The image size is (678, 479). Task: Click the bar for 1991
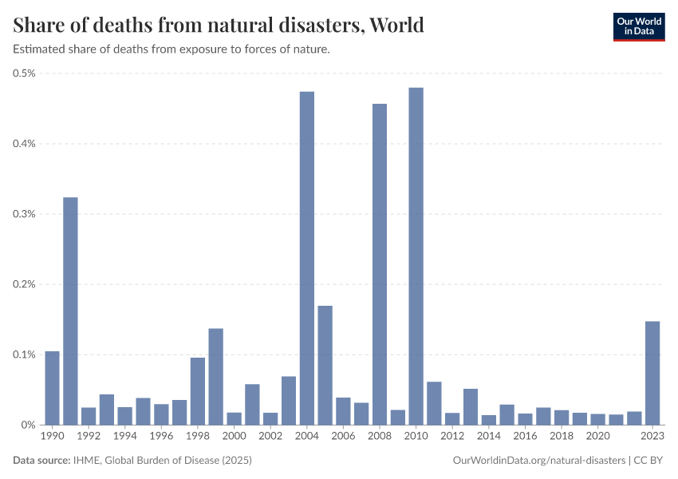(70, 311)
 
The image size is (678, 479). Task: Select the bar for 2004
(307, 259)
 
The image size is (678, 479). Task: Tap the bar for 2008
(380, 264)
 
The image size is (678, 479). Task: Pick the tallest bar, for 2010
(416, 256)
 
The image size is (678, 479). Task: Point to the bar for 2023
(652, 373)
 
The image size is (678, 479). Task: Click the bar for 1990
(53, 388)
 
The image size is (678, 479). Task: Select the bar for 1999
(216, 377)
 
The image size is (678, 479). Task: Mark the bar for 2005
(325, 365)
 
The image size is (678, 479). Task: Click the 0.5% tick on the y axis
(24, 73)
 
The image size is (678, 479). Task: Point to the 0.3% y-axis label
(24, 214)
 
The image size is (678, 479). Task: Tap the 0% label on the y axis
(28, 425)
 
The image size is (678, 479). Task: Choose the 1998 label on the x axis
(198, 436)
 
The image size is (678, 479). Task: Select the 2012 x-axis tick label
(452, 436)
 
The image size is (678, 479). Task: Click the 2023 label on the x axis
(652, 436)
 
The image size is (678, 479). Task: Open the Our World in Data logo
(639, 27)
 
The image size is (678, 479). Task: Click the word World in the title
(396, 25)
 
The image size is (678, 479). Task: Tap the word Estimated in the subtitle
(39, 49)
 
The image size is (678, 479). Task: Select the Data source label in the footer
(41, 460)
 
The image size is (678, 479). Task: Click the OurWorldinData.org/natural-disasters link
(538, 461)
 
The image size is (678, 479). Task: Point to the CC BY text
(648, 461)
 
